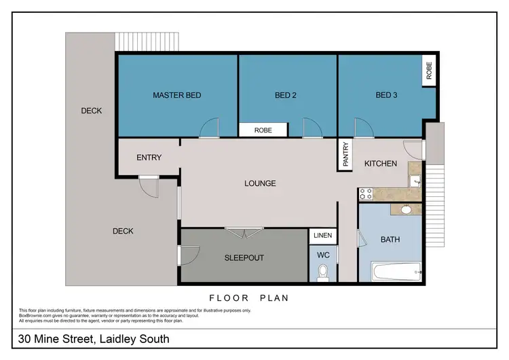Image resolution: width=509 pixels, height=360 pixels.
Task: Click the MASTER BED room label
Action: point(176,95)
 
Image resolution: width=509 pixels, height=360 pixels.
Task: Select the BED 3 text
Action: point(386,95)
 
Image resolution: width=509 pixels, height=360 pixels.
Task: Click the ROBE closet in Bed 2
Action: point(263,130)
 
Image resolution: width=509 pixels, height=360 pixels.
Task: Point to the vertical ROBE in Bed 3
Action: point(429,70)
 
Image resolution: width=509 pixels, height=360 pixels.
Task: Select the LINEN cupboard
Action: point(322,236)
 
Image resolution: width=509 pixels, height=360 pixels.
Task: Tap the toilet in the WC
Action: point(322,272)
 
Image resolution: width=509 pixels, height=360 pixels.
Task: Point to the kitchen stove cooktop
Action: point(366,194)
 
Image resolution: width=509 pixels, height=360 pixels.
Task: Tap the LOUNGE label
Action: point(260,183)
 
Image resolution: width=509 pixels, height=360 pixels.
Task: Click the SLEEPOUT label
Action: point(244,258)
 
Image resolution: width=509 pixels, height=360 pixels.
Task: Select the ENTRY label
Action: point(149,158)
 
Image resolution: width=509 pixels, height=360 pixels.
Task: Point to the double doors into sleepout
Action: point(244,232)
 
